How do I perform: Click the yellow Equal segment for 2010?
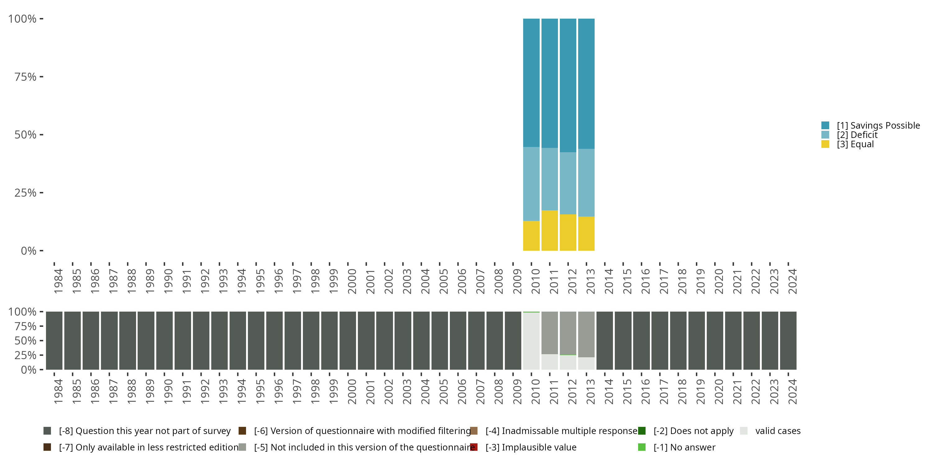click(531, 235)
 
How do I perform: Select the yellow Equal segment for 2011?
click(550, 230)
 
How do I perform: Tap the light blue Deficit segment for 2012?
click(568, 183)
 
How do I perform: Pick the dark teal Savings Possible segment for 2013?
click(586, 83)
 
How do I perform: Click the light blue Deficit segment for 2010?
click(531, 184)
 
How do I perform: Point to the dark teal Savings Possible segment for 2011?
click(550, 83)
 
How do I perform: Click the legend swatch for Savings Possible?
click(825, 126)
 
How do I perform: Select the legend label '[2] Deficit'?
click(857, 135)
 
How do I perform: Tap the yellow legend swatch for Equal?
click(825, 144)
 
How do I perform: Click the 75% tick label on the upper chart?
click(25, 77)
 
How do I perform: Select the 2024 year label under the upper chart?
click(792, 281)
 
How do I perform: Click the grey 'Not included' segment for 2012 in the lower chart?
click(568, 333)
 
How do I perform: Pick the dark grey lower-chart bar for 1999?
click(329, 340)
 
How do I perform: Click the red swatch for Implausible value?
click(473, 447)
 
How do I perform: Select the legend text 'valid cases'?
click(778, 431)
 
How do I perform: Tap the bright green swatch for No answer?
click(642, 447)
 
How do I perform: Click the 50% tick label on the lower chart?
click(25, 340)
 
